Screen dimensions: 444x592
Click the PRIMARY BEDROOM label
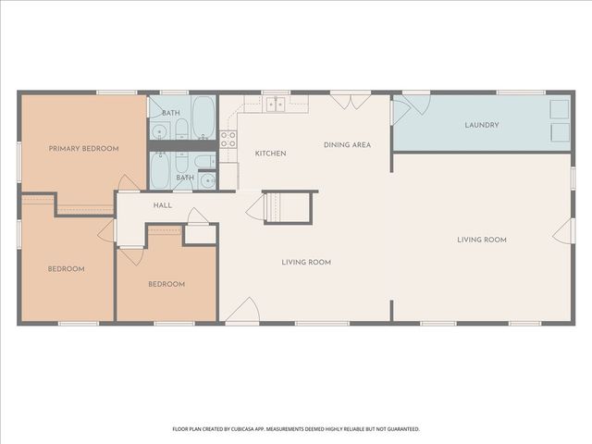pos(84,148)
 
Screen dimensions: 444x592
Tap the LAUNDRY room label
pos(482,125)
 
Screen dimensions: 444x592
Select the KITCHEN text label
pos(270,154)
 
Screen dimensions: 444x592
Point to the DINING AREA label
pos(347,144)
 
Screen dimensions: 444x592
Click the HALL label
pos(163,205)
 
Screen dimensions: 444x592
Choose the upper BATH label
pos(171,113)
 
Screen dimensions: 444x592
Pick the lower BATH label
pos(185,178)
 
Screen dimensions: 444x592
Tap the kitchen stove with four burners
pos(228,140)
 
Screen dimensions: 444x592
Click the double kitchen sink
pos(275,105)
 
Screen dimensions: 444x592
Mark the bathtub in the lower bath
pos(164,170)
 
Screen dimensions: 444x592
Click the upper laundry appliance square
pos(560,109)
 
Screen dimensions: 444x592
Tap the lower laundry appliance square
pos(560,133)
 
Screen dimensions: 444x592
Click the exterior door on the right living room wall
pos(562,231)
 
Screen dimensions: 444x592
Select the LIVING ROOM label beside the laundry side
pos(482,240)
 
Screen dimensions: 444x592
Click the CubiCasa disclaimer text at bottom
pos(296,429)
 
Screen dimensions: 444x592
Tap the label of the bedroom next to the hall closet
pos(166,284)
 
